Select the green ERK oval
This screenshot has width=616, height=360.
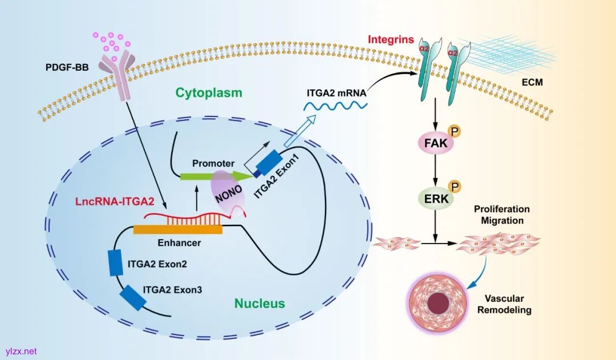pyautogui.click(x=435, y=199)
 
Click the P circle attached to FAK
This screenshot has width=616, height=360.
pyautogui.click(x=455, y=132)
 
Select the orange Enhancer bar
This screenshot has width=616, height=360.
pyautogui.click(x=177, y=229)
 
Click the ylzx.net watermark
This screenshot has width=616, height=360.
pyautogui.click(x=21, y=351)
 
